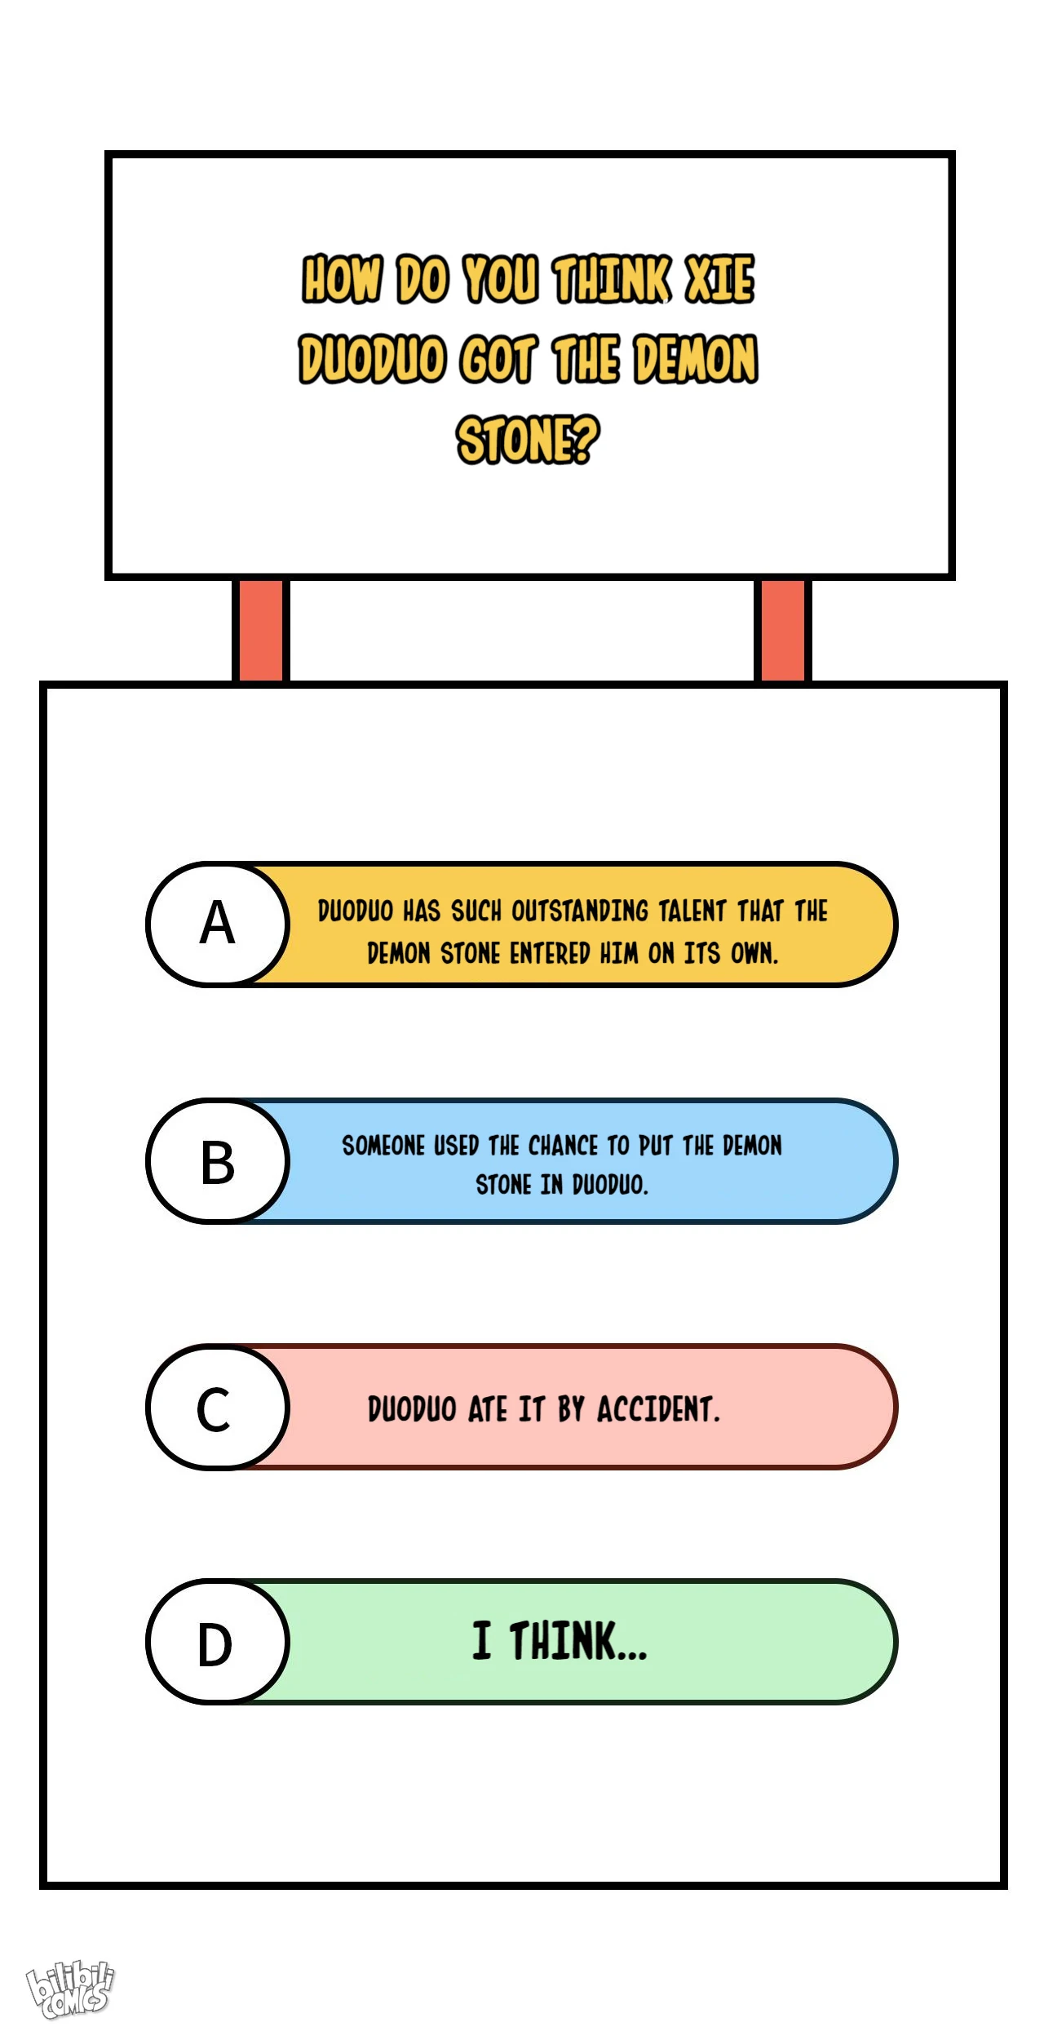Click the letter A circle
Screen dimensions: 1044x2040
[218, 924]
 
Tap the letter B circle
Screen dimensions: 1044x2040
[218, 1160]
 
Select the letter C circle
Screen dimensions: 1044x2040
[218, 1407]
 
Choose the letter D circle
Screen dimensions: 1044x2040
[218, 1642]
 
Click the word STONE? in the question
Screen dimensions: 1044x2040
[528, 440]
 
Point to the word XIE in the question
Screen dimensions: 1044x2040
[720, 279]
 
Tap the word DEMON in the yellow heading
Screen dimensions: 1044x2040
[697, 359]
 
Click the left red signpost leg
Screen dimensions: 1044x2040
[261, 630]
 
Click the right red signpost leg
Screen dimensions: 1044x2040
[783, 630]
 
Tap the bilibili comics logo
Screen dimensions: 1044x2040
[70, 1989]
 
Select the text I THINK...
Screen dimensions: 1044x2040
[560, 1641]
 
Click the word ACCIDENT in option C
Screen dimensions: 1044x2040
[658, 1409]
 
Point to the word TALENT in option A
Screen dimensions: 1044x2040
[692, 911]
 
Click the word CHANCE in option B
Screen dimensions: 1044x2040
[564, 1146]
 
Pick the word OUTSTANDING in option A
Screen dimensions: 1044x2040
[580, 911]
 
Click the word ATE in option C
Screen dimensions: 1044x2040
[488, 1409]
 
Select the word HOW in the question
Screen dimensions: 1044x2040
[342, 279]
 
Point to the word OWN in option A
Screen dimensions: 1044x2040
[753, 953]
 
